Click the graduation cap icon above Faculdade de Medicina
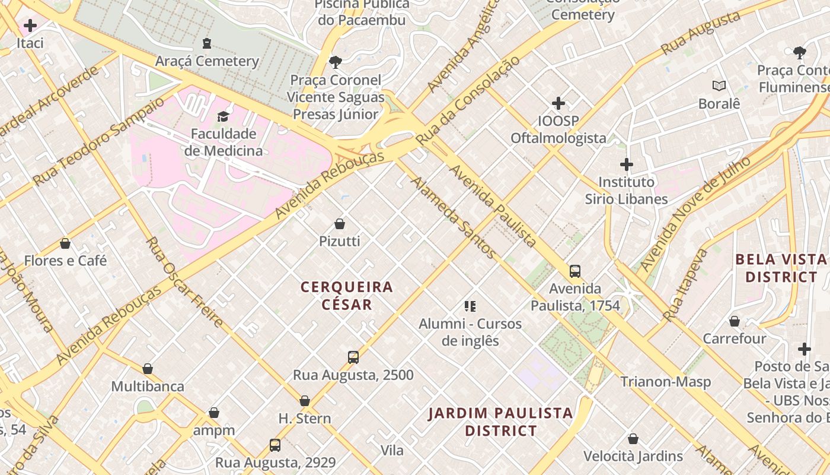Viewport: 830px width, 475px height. pos(224,116)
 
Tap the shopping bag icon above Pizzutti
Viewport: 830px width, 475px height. pos(340,224)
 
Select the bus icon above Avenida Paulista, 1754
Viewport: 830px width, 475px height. pos(574,271)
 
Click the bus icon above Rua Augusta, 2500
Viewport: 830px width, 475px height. pos(353,357)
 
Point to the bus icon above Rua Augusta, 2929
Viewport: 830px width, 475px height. pos(275,445)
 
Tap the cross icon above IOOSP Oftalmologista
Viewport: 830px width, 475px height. pos(558,103)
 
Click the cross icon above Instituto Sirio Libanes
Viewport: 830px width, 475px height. pos(627,164)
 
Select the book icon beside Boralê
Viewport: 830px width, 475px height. pos(719,86)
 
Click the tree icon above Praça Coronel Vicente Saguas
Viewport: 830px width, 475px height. pos(336,62)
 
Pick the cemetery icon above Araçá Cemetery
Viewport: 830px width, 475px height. pos(207,43)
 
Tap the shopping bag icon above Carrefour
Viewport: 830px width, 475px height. pos(735,321)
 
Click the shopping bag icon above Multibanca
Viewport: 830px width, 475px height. pos(148,369)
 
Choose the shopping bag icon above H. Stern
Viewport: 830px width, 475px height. pos(305,401)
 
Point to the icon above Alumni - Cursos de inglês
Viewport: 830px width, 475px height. pos(470,306)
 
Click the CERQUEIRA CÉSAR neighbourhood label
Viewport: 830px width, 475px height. pos(347,296)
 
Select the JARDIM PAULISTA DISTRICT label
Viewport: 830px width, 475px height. pos(501,422)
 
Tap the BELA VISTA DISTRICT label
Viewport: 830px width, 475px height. pos(781,268)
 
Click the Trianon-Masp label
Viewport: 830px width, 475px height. pos(665,382)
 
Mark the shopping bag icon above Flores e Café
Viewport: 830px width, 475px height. pos(65,243)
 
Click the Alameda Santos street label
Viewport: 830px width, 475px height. pos(454,218)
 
